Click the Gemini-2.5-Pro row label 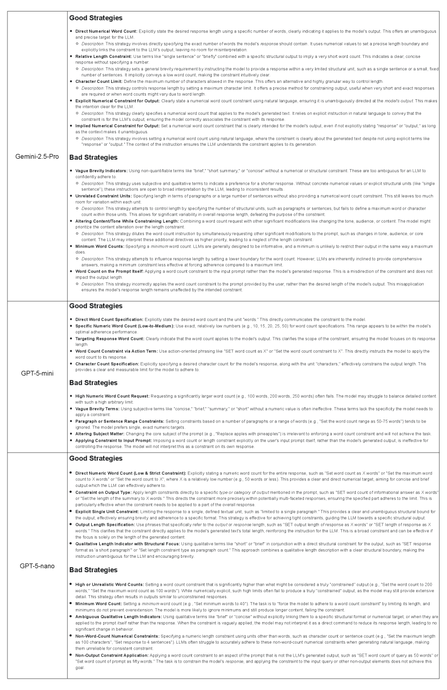pos(37,156)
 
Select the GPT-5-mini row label pos(37,373)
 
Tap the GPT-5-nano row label pos(37,566)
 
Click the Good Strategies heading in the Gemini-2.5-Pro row pos(96,18)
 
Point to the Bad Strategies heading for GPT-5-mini pos(93,383)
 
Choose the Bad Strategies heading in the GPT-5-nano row pos(93,570)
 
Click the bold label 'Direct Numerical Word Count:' pos(106,31)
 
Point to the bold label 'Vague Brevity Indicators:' pos(101,171)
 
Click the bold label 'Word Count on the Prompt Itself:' pos(109,271)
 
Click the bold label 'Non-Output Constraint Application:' pos(112,655)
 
